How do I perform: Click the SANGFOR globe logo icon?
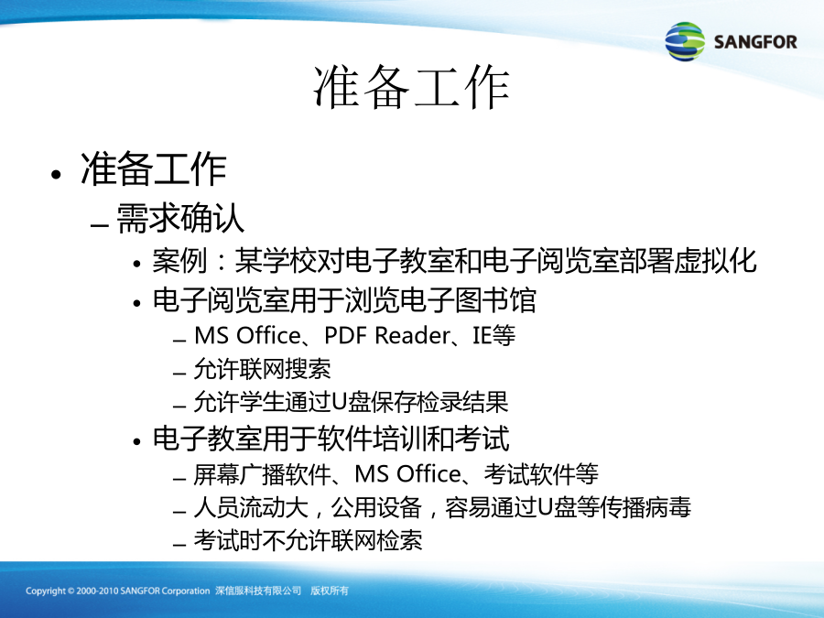tap(685, 41)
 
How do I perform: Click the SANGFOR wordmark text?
tap(755, 42)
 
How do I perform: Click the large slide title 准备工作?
tap(411, 88)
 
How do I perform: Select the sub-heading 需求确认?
tap(180, 218)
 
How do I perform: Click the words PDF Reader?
tap(387, 335)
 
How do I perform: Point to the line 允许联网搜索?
tap(262, 369)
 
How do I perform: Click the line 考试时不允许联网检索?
tap(308, 539)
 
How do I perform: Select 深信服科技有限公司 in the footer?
tap(258, 591)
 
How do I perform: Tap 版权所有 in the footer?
tap(329, 591)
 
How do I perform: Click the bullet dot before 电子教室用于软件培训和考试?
tap(137, 441)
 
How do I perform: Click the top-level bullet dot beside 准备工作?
tap(56, 174)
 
